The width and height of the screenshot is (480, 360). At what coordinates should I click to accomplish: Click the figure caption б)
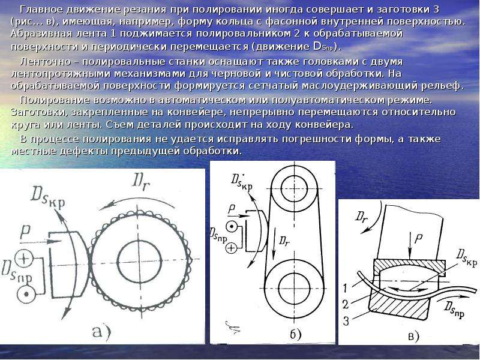pyautogui.click(x=296, y=334)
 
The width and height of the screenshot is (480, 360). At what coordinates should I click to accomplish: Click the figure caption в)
pyautogui.click(x=413, y=337)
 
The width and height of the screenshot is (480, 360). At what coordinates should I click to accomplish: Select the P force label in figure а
pyautogui.click(x=25, y=232)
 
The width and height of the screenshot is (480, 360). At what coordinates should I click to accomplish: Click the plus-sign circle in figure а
pyautogui.click(x=24, y=259)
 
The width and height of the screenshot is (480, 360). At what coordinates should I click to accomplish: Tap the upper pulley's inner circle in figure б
pyautogui.click(x=294, y=189)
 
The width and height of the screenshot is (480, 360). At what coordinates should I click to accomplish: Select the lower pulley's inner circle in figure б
pyautogui.click(x=294, y=289)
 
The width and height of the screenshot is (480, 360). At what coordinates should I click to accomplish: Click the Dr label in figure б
pyautogui.click(x=284, y=241)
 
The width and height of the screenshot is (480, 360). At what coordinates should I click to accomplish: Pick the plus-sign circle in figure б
pyautogui.click(x=232, y=248)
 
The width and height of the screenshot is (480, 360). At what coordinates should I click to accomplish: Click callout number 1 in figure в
pyautogui.click(x=345, y=287)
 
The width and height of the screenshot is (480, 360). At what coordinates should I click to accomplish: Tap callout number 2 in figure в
pyautogui.click(x=346, y=305)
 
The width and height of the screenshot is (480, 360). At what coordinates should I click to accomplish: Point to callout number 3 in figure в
pyautogui.click(x=346, y=321)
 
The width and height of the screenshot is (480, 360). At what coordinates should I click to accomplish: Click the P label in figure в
pyautogui.click(x=418, y=239)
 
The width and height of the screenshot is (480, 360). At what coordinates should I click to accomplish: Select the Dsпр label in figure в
pyautogui.click(x=455, y=309)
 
